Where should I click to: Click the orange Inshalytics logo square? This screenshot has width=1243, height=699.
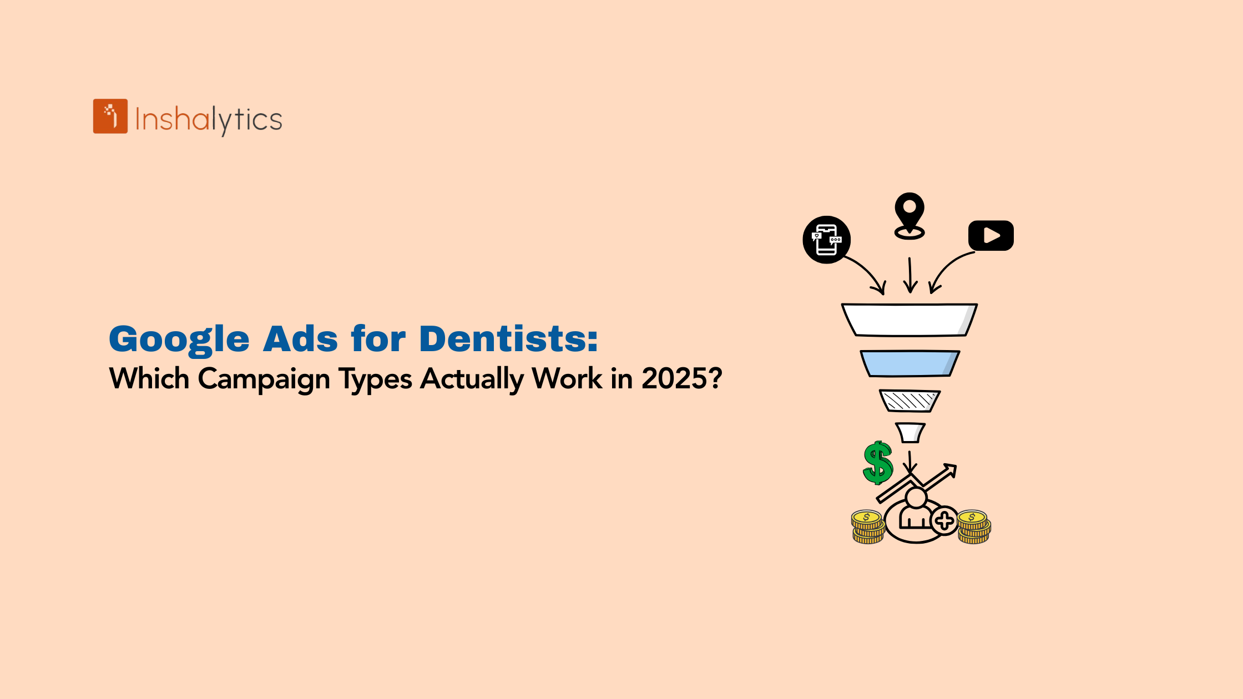pos(110,116)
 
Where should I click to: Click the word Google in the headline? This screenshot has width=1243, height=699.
pos(179,339)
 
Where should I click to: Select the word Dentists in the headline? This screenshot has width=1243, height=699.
pos(508,338)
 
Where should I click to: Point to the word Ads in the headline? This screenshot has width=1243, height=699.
pos(300,338)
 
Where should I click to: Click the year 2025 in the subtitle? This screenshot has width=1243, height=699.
pos(674,378)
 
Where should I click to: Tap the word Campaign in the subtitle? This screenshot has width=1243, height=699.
pos(264,379)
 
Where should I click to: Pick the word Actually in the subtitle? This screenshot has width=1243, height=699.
pos(472,379)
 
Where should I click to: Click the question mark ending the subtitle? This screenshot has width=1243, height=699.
pos(716,378)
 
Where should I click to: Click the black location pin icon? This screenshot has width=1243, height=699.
pos(909,216)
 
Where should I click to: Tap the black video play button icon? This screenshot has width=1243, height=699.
pos(991,235)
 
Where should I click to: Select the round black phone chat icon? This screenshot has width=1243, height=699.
pos(827,240)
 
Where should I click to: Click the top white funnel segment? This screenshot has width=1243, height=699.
pos(909,320)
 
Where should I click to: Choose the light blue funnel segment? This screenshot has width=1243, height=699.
pos(909,363)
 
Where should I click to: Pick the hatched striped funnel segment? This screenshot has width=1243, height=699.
pos(909,401)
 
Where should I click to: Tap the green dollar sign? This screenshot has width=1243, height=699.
pos(878,463)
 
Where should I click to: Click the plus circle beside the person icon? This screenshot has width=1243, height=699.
pos(944,520)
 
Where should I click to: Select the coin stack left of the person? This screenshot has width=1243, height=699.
pos(868,527)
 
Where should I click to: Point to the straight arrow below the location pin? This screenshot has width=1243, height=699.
pos(910,275)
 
